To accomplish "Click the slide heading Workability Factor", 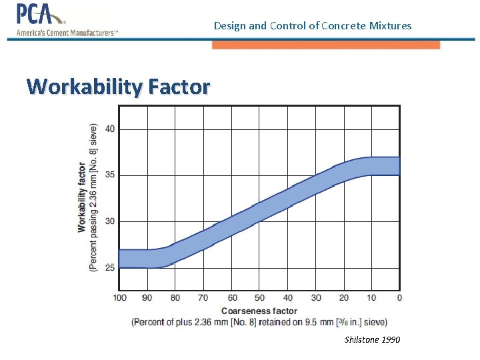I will pos(118,87).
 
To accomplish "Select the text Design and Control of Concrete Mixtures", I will pos(313,26).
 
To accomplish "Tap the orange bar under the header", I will pos(326,45).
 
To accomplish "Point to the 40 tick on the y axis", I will pos(109,129).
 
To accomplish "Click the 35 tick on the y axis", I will pos(109,175).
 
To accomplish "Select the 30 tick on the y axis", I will pos(109,221).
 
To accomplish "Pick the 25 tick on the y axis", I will pos(109,268).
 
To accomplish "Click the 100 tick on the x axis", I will pos(119,298).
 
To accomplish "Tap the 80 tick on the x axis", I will pos(175,298).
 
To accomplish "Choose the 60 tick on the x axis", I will pos(232,298).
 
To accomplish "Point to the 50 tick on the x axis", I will pos(260,298).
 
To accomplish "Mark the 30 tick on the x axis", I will pos(316,298).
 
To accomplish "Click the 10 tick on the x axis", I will pos(371,298).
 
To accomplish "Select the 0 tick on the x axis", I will pos(399,298).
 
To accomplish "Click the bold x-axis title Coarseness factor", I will pos(259,311).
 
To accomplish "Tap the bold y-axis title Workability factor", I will pos(82,197).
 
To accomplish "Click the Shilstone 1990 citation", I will pos(372,340).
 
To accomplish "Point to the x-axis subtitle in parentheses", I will pos(259,322).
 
